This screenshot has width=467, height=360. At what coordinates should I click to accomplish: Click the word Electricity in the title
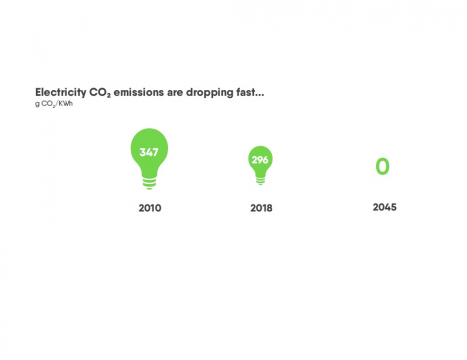pos(61,93)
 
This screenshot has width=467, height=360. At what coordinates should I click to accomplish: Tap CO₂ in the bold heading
pos(100,93)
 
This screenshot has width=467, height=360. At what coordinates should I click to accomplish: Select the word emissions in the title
pos(139,92)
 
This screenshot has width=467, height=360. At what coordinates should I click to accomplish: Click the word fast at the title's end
pos(250,92)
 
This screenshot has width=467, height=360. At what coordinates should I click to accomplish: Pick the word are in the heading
pos(175,93)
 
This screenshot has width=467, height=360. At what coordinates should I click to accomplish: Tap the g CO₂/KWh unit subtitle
pos(54,104)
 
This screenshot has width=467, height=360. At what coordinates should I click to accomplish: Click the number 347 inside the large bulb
pos(149,152)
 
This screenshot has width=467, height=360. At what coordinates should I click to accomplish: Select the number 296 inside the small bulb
pos(260,160)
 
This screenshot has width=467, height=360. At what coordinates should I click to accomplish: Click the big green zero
pos(382,166)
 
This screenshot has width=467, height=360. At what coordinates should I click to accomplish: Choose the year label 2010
pos(150,208)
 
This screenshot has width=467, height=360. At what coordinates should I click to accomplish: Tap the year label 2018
pos(261,208)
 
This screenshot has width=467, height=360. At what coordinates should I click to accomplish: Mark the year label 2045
pos(385,207)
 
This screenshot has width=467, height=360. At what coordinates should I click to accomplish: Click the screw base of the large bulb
pos(149,183)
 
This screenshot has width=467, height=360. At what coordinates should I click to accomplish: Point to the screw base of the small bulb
pos(261,180)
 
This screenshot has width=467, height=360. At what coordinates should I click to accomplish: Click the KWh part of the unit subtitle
pos(66,103)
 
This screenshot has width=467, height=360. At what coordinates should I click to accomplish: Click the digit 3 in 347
pos(143,152)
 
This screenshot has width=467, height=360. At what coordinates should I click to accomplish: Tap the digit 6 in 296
pos(265,160)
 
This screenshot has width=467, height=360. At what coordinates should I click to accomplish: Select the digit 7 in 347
pos(155,152)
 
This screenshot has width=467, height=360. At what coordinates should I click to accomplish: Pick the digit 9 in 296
pos(260,160)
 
